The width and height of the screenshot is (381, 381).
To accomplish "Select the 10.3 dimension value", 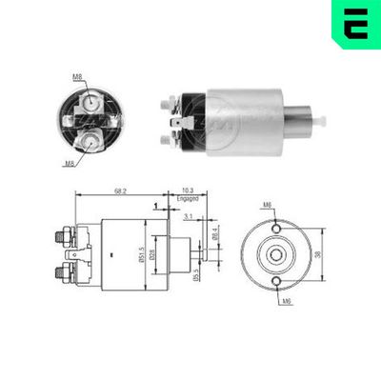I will [x=187, y=191].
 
